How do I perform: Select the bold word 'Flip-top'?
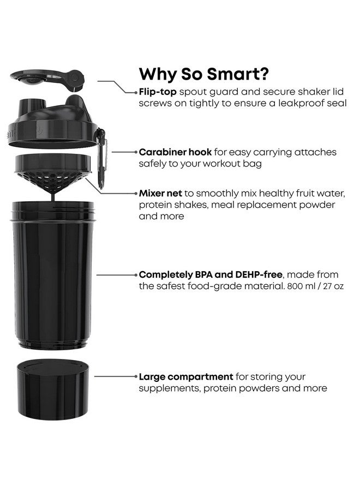tap(158, 92)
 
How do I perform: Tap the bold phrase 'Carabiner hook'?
tap(173, 152)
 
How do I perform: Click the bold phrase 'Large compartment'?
tap(186, 377)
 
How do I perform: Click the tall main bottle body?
tap(53, 276)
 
